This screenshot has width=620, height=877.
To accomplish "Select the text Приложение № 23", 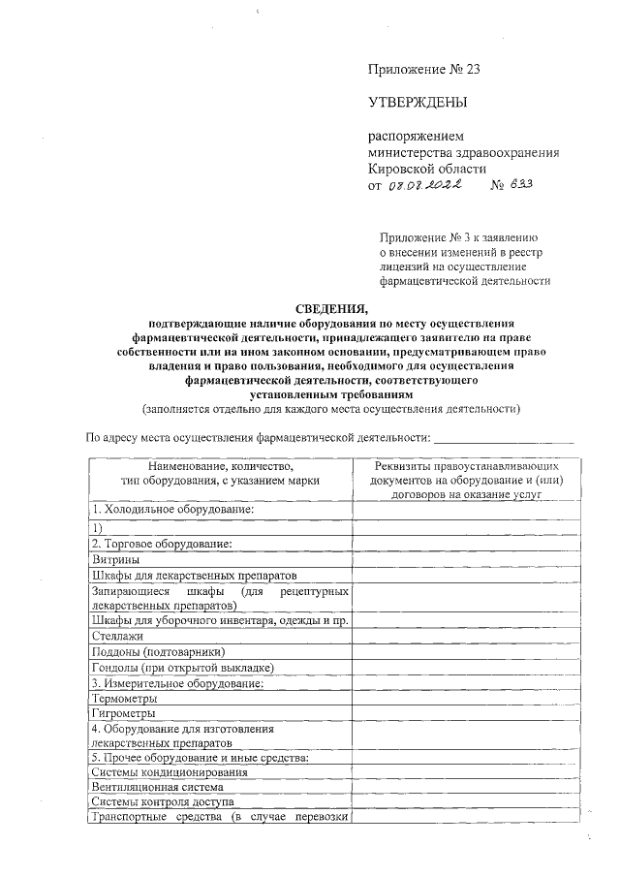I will click(x=423, y=68).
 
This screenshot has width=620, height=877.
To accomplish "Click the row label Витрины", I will click(x=115, y=559).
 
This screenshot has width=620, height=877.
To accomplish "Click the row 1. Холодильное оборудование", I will click(x=171, y=510).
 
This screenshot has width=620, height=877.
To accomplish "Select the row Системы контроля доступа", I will click(x=162, y=802).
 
